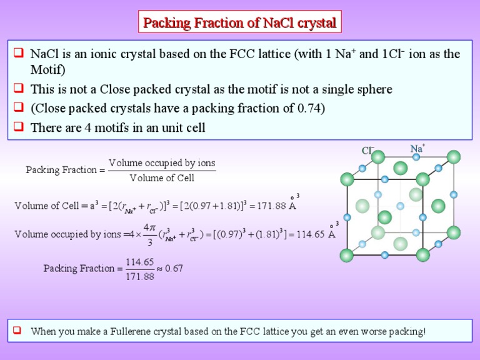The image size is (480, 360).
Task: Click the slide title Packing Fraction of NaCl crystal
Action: [x=240, y=24]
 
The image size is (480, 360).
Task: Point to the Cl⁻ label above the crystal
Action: [x=367, y=151]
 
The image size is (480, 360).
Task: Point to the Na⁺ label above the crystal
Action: [x=417, y=149]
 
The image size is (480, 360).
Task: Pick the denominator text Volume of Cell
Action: [x=162, y=178]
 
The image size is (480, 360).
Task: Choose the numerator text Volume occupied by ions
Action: [x=162, y=163]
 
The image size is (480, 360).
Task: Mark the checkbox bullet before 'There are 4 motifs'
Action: [x=19, y=127]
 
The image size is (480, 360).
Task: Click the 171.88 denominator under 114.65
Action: [x=141, y=276]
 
